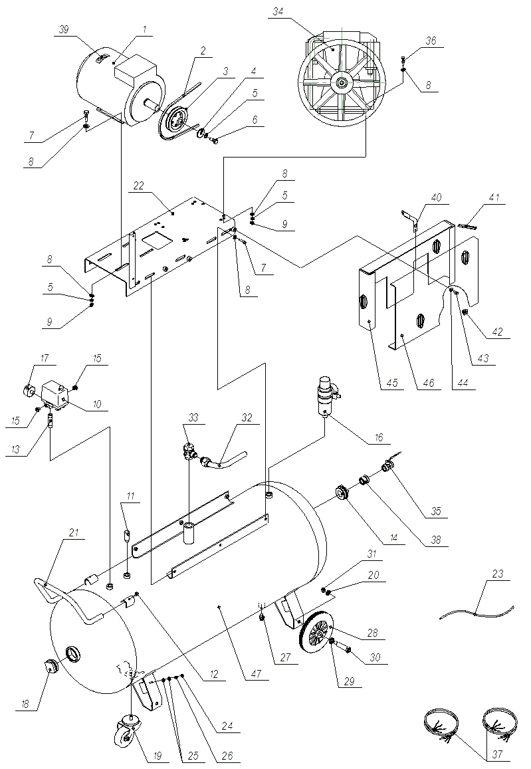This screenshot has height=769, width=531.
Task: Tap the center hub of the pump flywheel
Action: [341, 82]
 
